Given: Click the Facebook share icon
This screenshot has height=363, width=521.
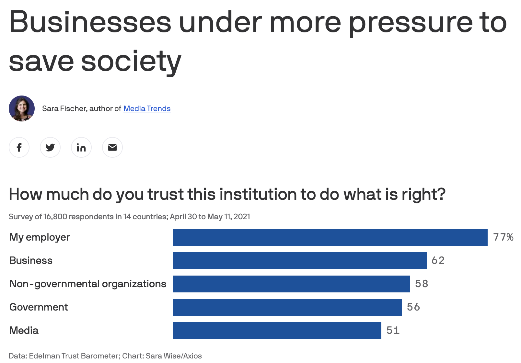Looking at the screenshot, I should click(x=19, y=147).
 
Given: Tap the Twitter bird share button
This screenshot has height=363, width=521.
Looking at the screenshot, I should click(x=50, y=147).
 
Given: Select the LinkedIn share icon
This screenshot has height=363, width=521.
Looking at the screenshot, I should click(x=81, y=147).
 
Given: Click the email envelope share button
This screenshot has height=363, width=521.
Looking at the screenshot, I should click(x=112, y=147).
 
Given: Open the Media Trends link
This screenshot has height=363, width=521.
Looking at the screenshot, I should click(x=147, y=108).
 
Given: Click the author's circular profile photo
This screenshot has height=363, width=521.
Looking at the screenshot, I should click(x=22, y=108).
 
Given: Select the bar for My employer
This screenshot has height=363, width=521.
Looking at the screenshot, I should click(x=330, y=237).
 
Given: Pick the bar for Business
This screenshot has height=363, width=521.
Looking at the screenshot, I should click(x=299, y=261).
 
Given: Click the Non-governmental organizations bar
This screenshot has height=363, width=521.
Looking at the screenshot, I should click(x=291, y=284).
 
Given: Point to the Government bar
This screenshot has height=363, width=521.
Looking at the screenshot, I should click(x=287, y=307).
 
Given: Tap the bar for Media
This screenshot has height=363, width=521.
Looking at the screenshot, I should click(x=277, y=331).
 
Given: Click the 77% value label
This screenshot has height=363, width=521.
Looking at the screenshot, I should click(x=503, y=237).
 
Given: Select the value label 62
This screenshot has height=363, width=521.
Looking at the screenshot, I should click(x=438, y=261).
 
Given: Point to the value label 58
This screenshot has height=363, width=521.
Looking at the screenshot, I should click(x=421, y=284).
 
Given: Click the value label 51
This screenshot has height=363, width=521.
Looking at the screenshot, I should click(x=393, y=331).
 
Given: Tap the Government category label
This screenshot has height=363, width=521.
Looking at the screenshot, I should click(x=39, y=307).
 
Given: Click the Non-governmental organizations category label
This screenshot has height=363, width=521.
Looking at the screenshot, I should click(x=87, y=284).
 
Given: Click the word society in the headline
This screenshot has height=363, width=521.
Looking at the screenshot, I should click(x=131, y=62).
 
